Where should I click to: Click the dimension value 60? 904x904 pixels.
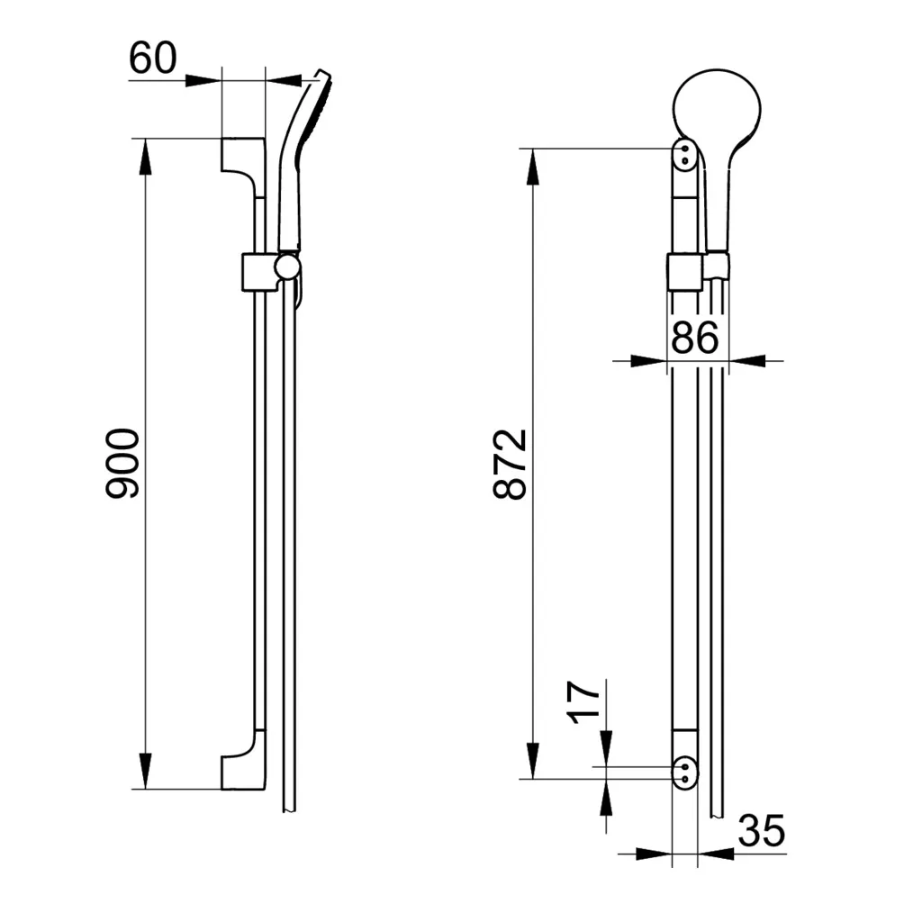click(x=152, y=59)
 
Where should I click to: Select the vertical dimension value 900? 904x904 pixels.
click(x=122, y=463)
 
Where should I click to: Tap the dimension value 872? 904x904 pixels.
click(x=510, y=463)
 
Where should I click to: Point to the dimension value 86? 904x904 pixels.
click(x=694, y=338)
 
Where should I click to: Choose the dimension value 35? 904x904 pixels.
click(x=761, y=832)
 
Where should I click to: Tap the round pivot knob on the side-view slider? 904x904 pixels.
click(x=288, y=267)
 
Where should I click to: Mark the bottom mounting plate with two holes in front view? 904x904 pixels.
click(x=684, y=771)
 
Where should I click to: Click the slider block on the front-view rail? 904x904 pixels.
click(x=683, y=272)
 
